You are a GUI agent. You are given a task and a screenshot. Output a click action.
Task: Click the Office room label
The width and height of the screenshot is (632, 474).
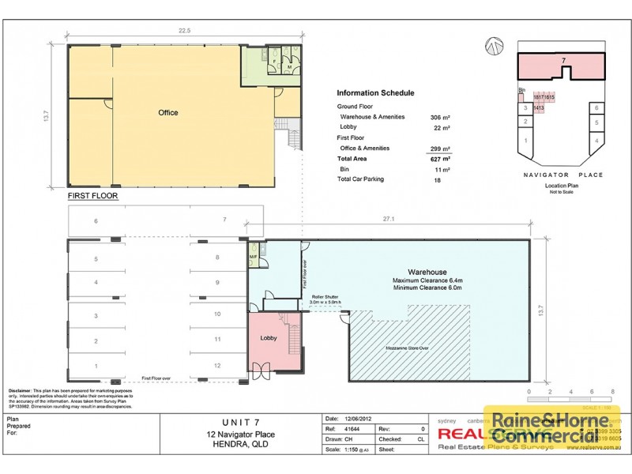click(x=167, y=113)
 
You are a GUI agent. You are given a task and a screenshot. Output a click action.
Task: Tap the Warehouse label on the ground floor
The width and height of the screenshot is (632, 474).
click(x=427, y=273)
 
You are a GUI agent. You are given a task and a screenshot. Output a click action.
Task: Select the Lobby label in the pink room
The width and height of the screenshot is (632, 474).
click(x=269, y=338)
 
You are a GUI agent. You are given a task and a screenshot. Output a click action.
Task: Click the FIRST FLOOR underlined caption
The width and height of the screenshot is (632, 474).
click(x=92, y=194)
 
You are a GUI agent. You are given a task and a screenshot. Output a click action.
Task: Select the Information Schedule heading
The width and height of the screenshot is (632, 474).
click(x=375, y=93)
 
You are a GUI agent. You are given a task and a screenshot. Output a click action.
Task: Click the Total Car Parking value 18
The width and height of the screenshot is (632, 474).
click(x=436, y=180)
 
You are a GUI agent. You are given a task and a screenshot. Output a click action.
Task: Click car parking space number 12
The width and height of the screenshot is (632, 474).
click(x=216, y=367)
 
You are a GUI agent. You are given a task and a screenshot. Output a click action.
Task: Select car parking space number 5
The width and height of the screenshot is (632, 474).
click(x=96, y=259)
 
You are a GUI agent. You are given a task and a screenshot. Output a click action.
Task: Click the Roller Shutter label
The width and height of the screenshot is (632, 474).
click(x=325, y=296)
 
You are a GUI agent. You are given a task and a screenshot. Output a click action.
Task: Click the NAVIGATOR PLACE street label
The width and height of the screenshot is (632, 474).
click(x=562, y=175)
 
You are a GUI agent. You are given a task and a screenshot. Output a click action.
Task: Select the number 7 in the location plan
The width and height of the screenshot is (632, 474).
click(x=563, y=60)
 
